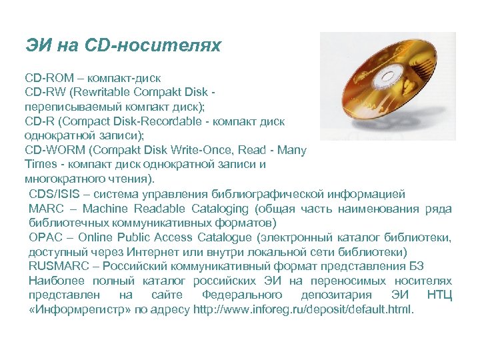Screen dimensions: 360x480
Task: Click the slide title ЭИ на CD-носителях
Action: coord(123,46)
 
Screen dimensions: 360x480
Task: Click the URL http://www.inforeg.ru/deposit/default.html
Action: coord(303,309)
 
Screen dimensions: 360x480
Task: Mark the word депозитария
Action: coord(335,295)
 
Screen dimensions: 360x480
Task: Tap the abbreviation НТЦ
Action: coord(439,295)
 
